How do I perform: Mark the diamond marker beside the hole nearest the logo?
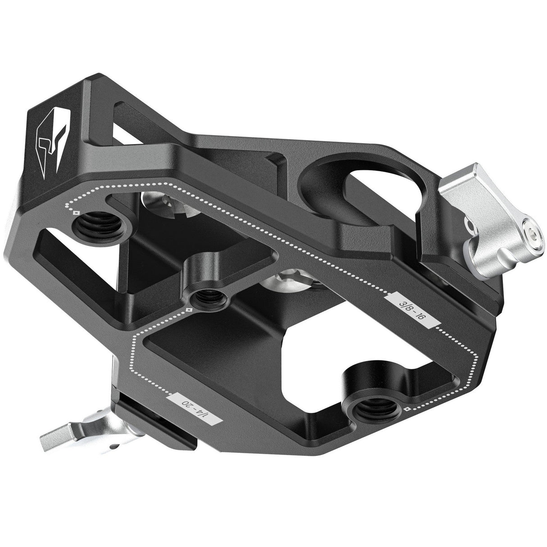click(76, 213)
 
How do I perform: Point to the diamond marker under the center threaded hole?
click(190, 310)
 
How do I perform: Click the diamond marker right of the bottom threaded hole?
click(407, 409)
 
